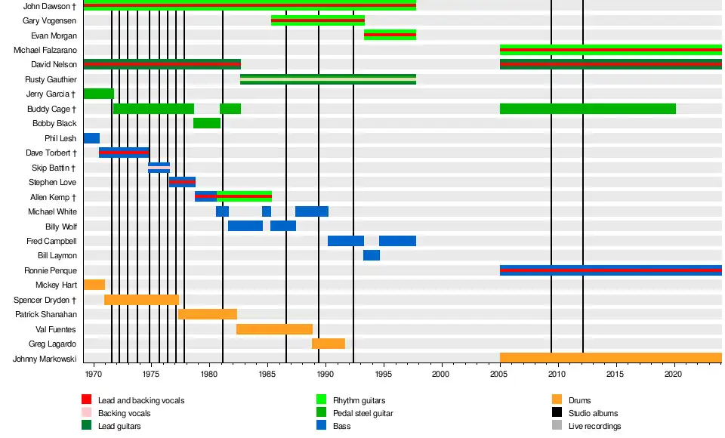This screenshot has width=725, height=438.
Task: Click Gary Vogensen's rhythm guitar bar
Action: (x=318, y=20)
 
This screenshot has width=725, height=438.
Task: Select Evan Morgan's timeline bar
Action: (x=390, y=35)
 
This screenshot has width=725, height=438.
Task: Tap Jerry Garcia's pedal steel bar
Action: (x=98, y=94)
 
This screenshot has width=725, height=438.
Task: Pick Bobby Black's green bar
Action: (x=206, y=123)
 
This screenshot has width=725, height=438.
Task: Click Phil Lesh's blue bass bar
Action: (x=91, y=138)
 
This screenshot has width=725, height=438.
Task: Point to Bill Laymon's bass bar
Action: (x=372, y=255)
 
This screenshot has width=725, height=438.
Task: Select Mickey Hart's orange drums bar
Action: (x=94, y=285)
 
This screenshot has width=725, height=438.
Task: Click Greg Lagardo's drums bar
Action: (x=329, y=344)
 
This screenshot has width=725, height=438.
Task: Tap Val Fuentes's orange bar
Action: (x=274, y=328)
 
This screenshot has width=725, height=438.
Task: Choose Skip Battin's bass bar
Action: (x=159, y=168)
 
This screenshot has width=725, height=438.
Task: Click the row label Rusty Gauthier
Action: (x=51, y=79)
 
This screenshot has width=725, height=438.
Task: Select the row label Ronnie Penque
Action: (x=51, y=270)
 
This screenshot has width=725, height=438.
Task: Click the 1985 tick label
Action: (x=267, y=374)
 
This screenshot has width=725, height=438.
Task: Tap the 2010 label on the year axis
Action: (x=557, y=374)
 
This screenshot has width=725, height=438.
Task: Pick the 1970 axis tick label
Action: (x=94, y=374)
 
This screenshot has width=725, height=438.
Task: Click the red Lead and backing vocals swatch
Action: (x=87, y=399)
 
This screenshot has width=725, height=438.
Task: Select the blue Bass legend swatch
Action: (x=322, y=426)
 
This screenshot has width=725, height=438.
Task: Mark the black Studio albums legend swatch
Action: (x=557, y=413)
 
